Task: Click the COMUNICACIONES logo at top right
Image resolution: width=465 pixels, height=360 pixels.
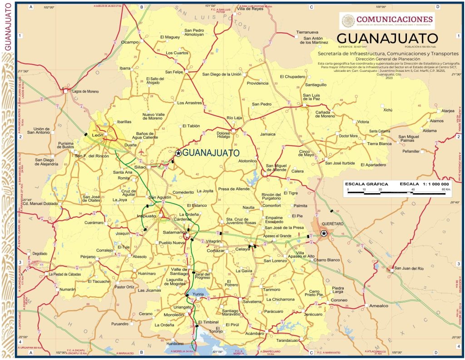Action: tap(387, 19)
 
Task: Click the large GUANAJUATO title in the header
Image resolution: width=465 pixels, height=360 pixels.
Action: tap(387, 37)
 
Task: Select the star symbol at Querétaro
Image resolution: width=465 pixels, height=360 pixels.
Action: tap(324, 234)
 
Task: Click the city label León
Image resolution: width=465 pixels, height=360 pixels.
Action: tap(98, 135)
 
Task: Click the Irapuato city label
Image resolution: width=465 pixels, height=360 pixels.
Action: tap(146, 216)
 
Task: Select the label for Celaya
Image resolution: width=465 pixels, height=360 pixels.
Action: tap(242, 249)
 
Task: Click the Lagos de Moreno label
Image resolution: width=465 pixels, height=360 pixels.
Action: tap(85, 91)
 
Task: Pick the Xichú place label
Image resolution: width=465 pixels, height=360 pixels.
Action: tap(387, 110)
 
